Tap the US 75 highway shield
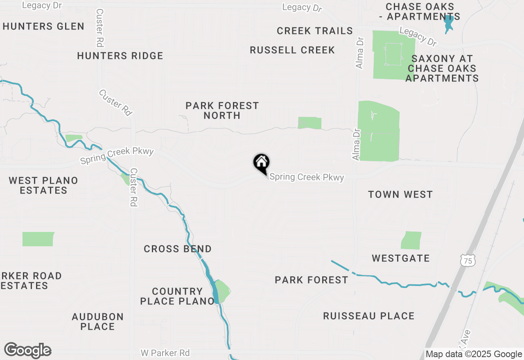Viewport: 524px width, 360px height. click(x=467, y=260)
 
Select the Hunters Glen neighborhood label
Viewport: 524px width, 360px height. click(x=43, y=27)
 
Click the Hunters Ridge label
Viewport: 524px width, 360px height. click(x=120, y=56)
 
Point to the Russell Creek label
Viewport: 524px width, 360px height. click(x=292, y=50)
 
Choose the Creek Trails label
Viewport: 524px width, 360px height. click(x=315, y=31)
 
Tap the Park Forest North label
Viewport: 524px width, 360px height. click(x=222, y=110)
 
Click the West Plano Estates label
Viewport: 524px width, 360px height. click(x=43, y=185)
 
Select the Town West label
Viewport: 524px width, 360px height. click(x=400, y=194)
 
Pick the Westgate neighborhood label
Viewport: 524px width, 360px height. click(x=401, y=258)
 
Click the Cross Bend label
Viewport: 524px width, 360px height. click(x=178, y=249)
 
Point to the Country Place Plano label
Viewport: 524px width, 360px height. click(x=177, y=296)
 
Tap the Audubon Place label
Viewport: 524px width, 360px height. click(x=97, y=322)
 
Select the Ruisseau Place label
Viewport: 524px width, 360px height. click(x=368, y=316)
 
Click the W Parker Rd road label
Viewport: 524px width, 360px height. click(x=165, y=353)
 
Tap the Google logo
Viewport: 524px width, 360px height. click(x=28, y=351)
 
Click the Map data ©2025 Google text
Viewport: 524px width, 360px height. click(x=474, y=354)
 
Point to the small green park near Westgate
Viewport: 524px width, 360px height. click(x=411, y=241)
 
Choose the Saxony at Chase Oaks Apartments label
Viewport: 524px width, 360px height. click(x=442, y=68)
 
